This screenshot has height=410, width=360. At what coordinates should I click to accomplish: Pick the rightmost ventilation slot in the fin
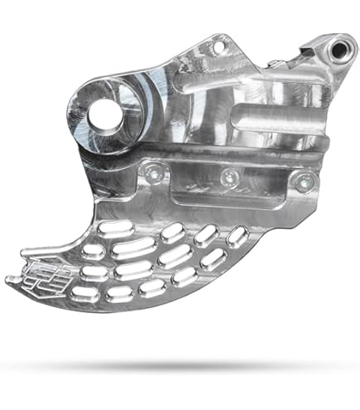[x=237, y=235]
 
